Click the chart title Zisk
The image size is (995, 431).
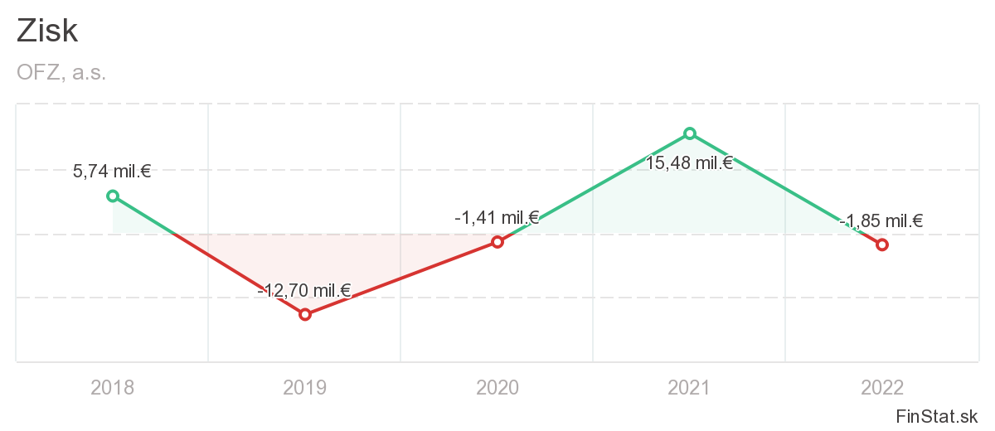coord(47,31)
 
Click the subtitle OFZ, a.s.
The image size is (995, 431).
coord(61,72)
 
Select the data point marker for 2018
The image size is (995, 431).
coord(113,196)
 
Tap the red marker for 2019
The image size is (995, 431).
coord(305,314)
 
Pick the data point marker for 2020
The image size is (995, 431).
coord(498,242)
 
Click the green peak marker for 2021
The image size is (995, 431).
coord(690,133)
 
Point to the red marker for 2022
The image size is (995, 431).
coord(882,245)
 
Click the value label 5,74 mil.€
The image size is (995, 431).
coord(112,172)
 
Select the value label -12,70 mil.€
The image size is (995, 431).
coord(304,290)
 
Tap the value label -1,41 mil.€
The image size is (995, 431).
coord(497,218)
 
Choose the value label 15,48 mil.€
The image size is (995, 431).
coord(689,162)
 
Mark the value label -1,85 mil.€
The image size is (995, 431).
coord(881,220)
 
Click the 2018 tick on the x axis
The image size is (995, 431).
coord(113,387)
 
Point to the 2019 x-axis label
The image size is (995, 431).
coord(305,387)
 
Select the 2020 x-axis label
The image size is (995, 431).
coord(498,387)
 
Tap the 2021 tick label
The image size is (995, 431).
coord(690,387)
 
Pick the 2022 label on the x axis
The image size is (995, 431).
coord(882,387)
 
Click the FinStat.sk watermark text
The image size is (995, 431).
coord(937,415)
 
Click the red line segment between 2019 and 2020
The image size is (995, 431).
coord(401,278)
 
